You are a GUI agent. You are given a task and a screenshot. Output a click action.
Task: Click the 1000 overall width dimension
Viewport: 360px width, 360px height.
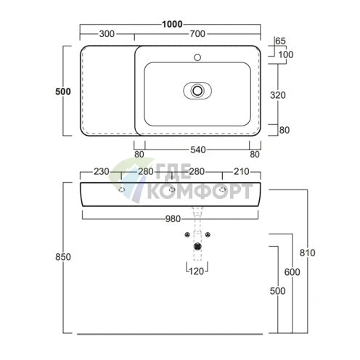pos(172,24)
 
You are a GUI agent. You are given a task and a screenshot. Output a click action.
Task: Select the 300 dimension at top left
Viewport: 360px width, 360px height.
pos(107,34)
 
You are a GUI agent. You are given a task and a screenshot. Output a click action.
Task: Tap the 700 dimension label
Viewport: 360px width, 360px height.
pos(197,34)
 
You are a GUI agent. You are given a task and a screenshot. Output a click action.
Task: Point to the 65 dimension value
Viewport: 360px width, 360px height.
pos(280,41)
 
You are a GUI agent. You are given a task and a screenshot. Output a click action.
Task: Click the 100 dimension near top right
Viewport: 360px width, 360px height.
pos(286,54)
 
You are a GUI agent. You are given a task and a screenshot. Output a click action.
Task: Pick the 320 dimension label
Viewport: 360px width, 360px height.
pos(278,95)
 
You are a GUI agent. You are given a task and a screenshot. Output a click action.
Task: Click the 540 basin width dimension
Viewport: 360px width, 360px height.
pos(198,150)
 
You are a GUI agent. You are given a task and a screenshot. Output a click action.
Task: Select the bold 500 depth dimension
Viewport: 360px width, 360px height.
pos(63,91)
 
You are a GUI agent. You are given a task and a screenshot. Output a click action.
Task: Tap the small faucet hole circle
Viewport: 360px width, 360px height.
pos(197,57)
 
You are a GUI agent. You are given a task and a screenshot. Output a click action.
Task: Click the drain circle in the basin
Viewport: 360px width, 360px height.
pos(197,91)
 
